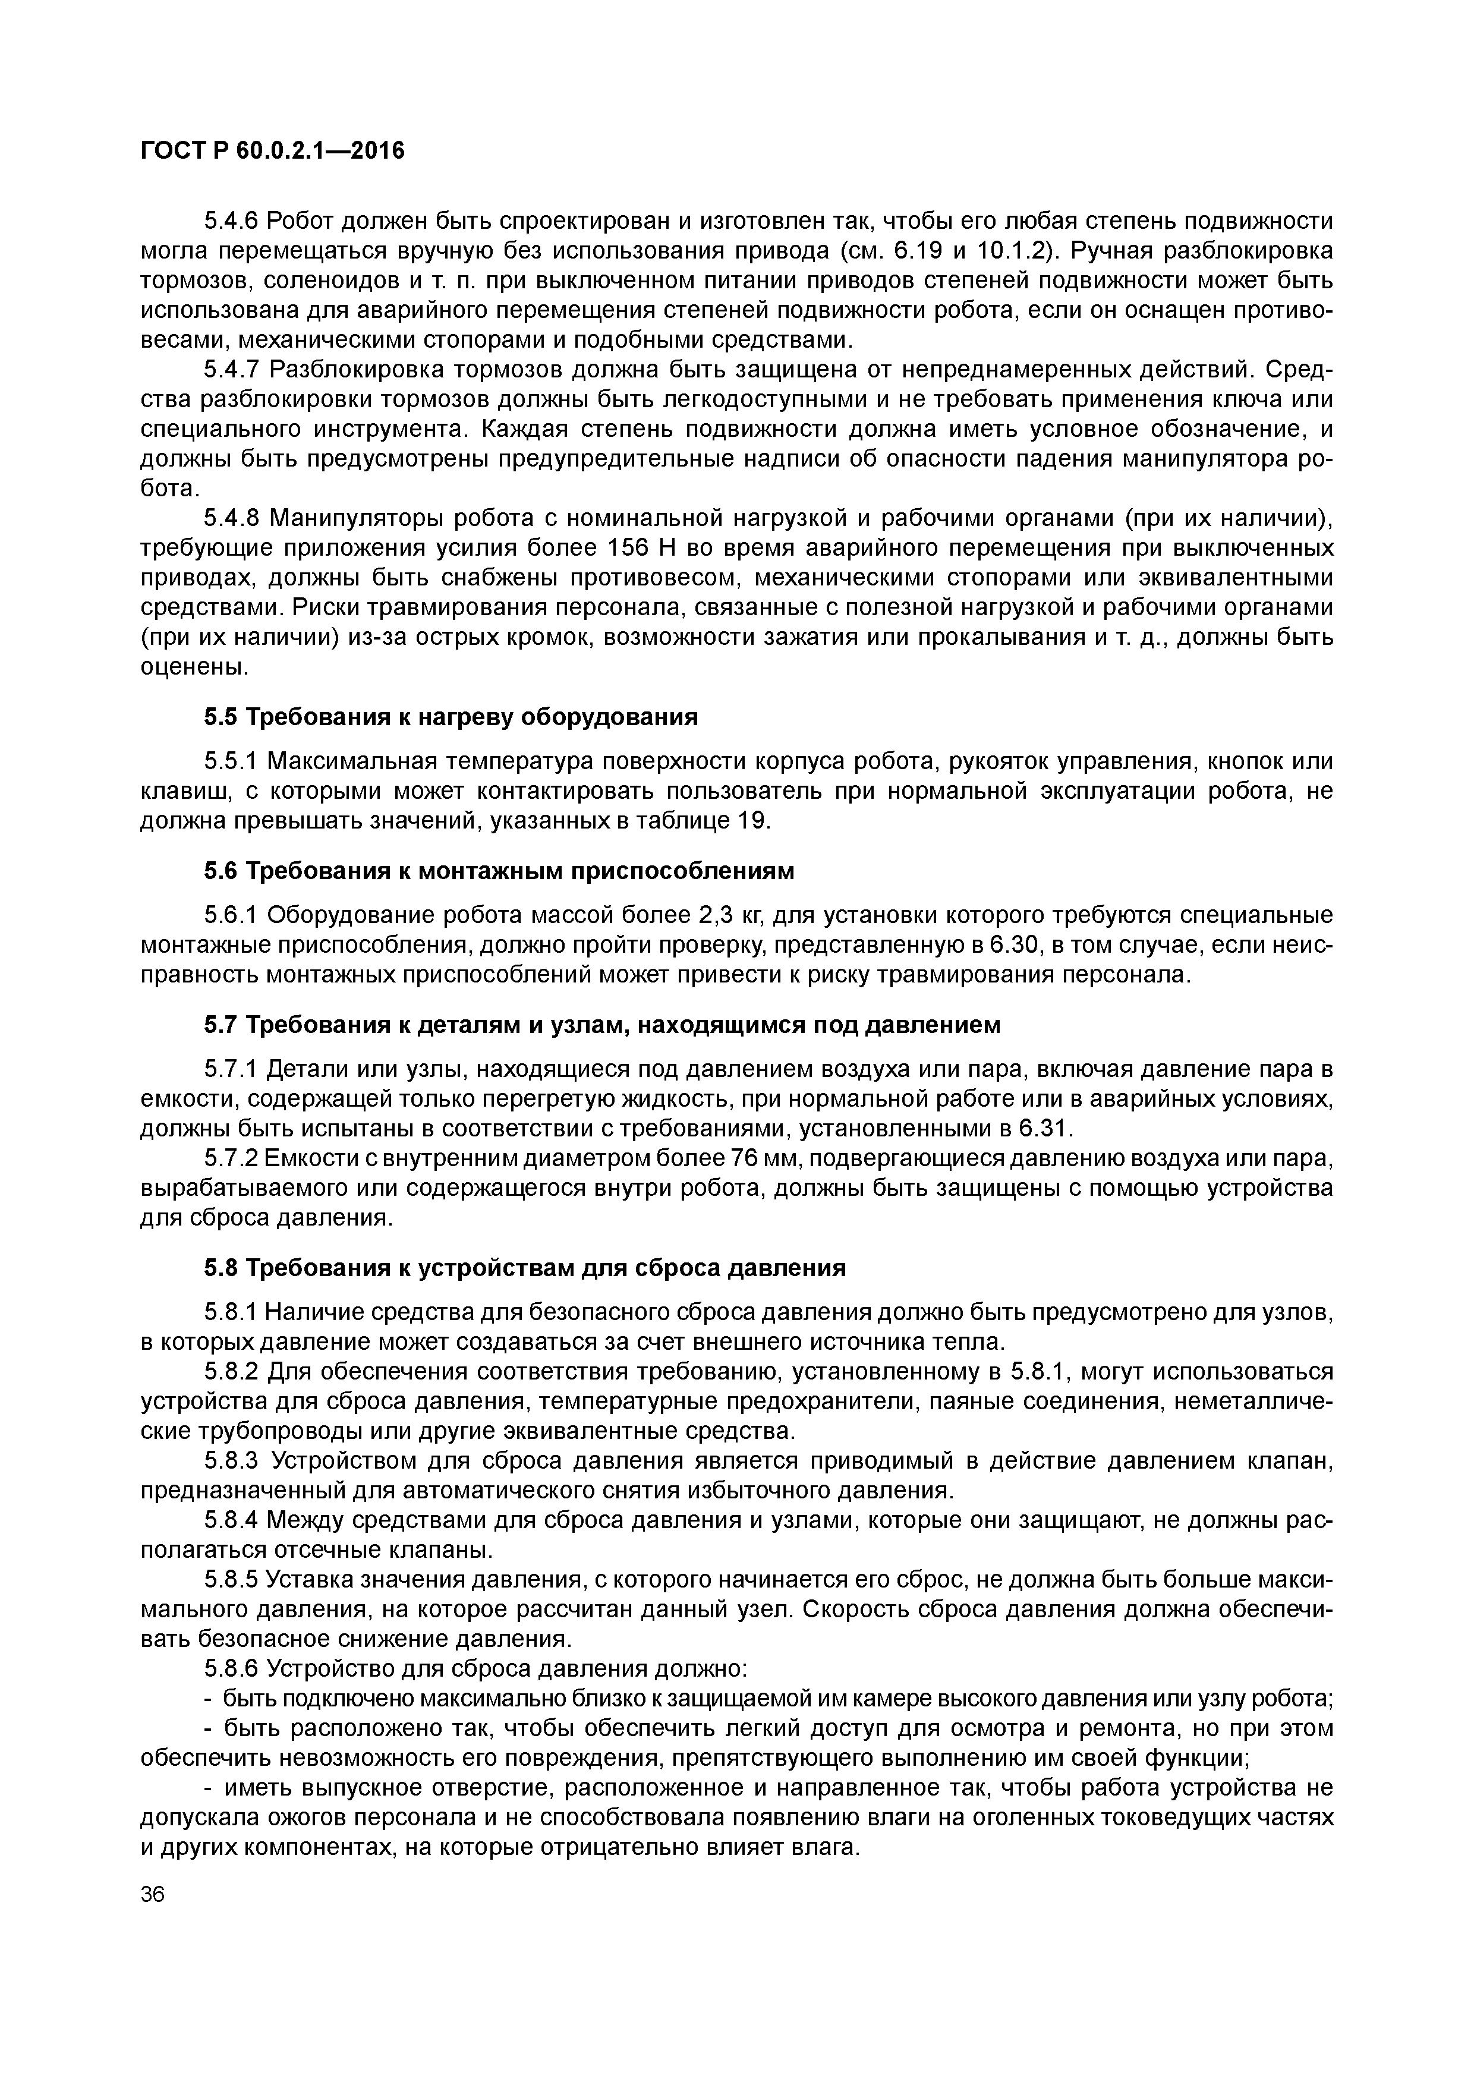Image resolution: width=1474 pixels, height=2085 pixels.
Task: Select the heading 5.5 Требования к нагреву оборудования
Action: [x=451, y=717]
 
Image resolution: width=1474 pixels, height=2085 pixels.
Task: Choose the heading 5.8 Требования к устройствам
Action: [x=524, y=1268]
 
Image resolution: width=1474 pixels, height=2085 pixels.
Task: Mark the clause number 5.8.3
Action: [x=232, y=1461]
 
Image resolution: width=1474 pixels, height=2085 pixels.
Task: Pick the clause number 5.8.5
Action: [x=232, y=1580]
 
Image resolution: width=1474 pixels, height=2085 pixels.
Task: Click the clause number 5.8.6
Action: [x=232, y=1668]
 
